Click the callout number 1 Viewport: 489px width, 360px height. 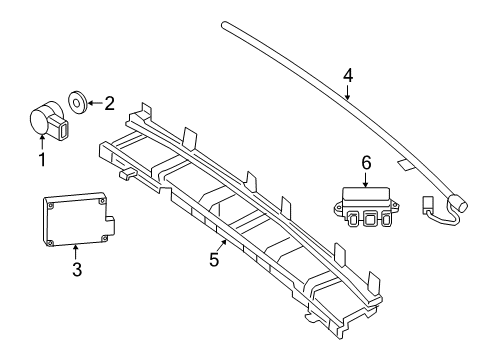(42, 160)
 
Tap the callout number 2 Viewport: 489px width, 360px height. (109, 104)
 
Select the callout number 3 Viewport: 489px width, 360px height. (77, 269)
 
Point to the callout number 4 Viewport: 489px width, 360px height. (348, 76)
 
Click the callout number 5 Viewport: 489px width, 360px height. (214, 259)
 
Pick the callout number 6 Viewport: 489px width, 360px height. (366, 163)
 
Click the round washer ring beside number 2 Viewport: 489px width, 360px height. (78, 101)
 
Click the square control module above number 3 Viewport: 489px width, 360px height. (79, 219)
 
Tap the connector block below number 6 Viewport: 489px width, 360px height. (366, 207)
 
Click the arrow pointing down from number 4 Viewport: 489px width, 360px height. (348, 92)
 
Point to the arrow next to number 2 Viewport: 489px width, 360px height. (95, 103)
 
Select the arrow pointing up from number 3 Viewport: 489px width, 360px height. (76, 252)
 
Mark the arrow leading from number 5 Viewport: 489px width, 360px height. (221, 246)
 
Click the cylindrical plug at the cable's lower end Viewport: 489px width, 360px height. (458, 202)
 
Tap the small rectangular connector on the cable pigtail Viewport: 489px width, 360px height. (427, 204)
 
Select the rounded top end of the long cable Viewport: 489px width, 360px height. (224, 25)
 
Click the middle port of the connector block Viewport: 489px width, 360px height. (369, 219)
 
